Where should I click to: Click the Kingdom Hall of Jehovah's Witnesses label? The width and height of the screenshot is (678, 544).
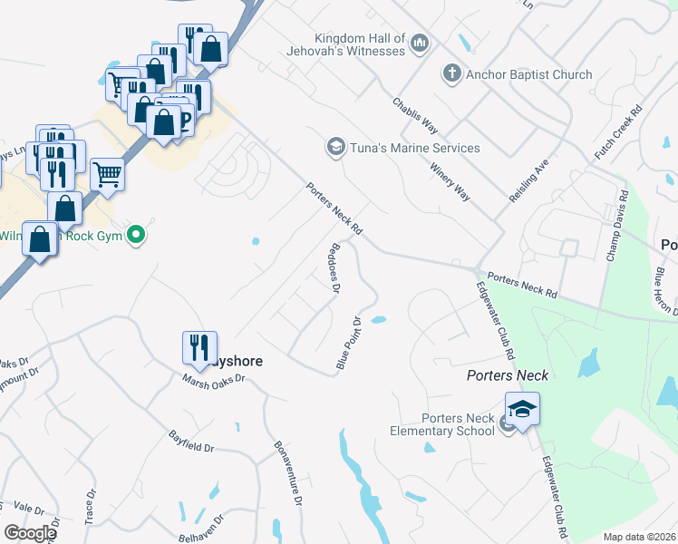[x=360, y=44]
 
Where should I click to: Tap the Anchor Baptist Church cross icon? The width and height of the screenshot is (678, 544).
[x=451, y=73]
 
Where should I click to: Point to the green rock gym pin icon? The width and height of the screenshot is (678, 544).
[x=137, y=236]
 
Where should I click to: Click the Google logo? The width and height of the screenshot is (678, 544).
[x=30, y=533]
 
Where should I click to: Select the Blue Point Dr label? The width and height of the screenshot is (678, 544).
[x=349, y=343]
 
